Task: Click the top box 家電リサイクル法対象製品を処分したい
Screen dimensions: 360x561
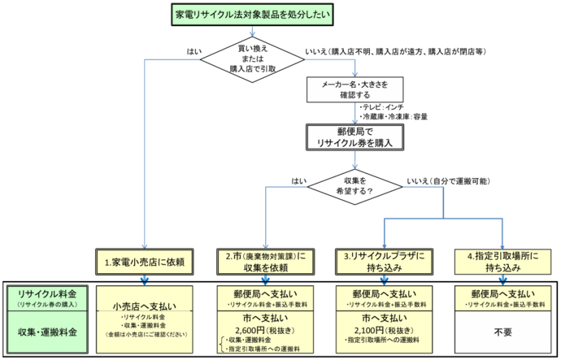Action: point(254,15)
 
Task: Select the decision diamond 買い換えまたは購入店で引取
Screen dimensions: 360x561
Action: point(254,57)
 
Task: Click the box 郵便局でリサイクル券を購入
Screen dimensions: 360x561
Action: point(354,136)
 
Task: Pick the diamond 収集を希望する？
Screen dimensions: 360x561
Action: point(354,185)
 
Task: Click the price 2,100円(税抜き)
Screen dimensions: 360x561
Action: point(384,329)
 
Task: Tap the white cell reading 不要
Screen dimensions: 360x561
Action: point(504,332)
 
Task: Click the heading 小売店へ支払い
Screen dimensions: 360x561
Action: point(146,306)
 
